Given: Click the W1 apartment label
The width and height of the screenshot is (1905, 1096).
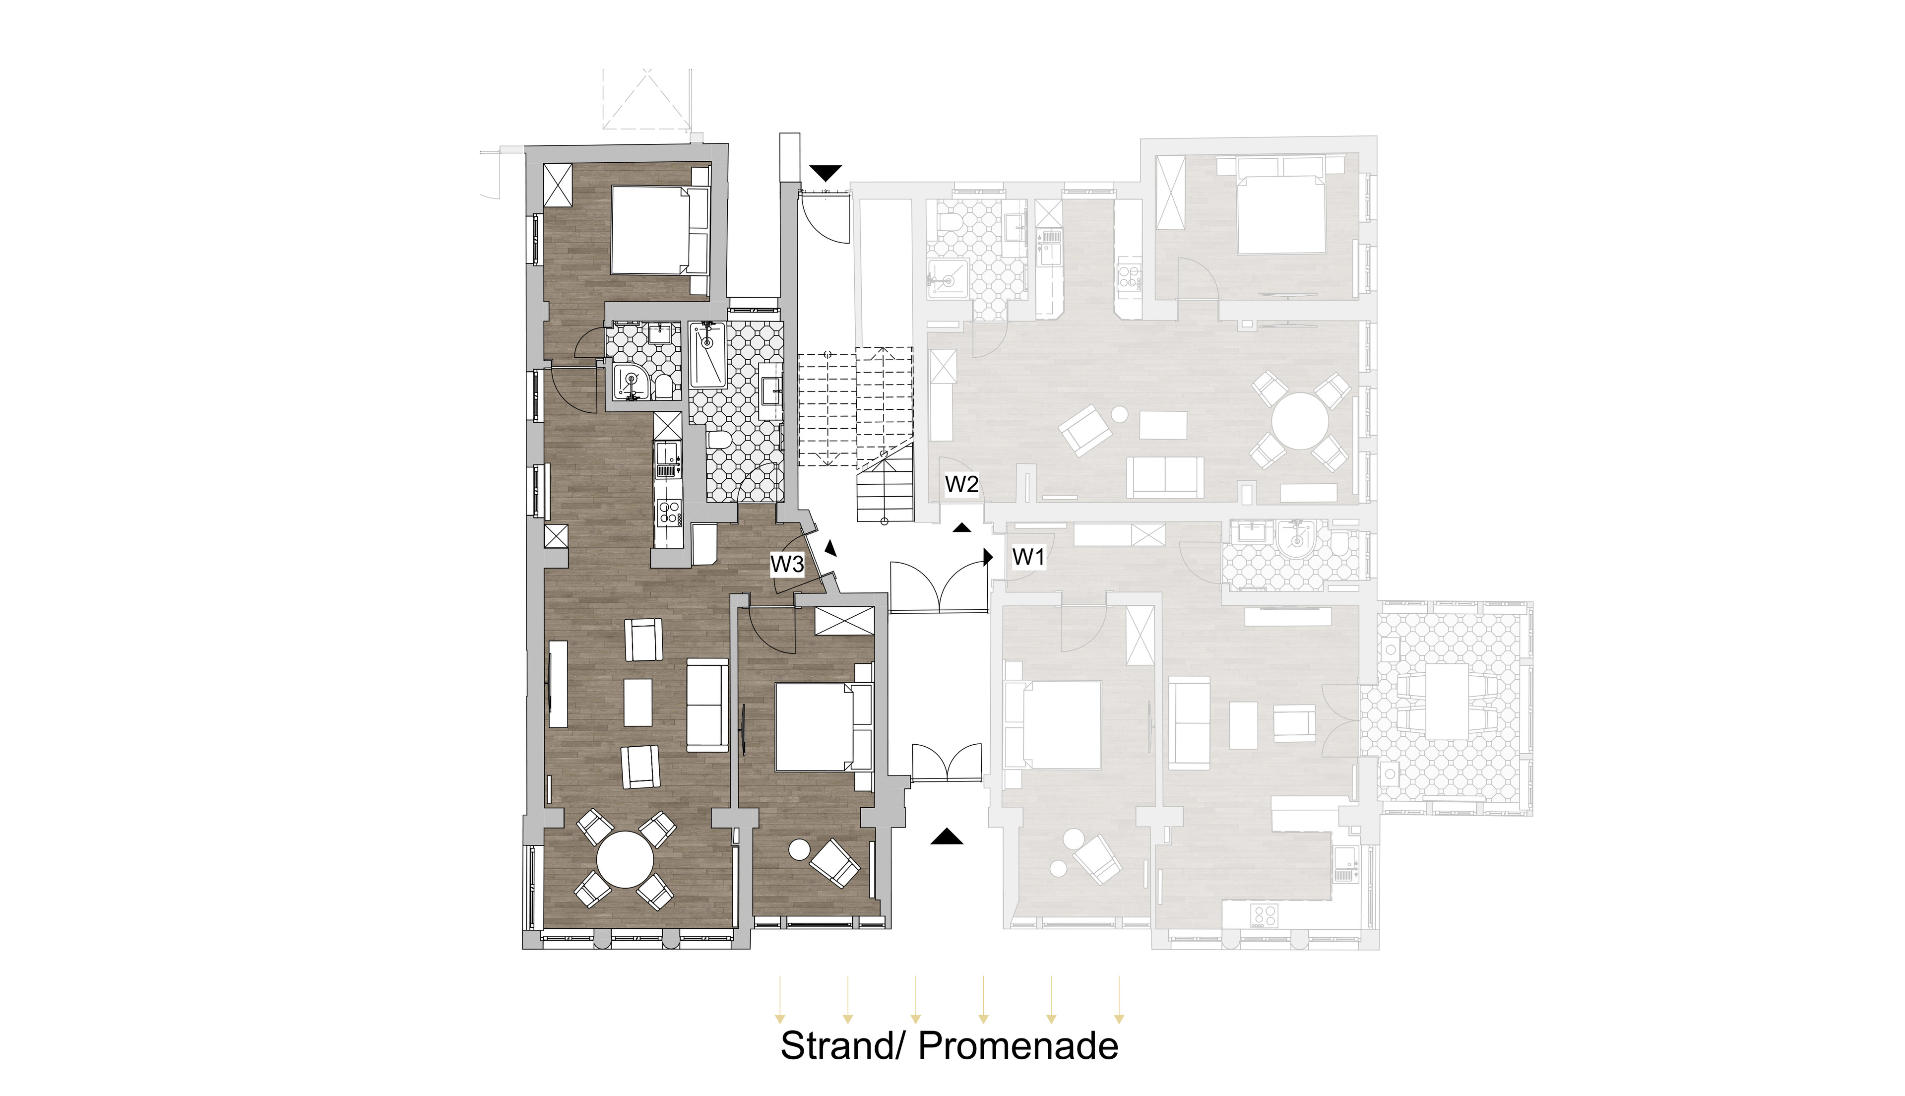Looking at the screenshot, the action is point(1028,557).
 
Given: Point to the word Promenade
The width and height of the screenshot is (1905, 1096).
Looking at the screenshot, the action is point(1018,1046).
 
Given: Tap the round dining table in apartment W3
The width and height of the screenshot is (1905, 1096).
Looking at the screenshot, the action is point(625,860).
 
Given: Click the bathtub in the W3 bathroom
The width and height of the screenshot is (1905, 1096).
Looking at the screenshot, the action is point(707,355).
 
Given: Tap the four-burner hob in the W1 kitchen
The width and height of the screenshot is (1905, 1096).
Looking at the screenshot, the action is point(1264,915).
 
